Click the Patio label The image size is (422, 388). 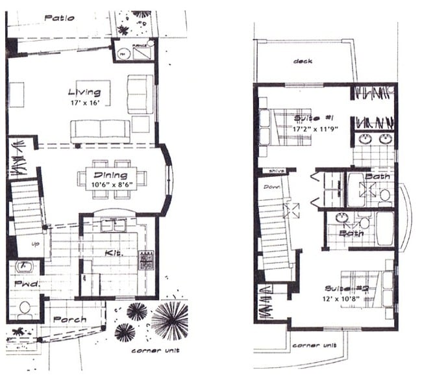tap(58, 18)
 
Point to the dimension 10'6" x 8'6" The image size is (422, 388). tap(110, 185)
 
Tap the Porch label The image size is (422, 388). tap(70, 319)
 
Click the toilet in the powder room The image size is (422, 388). tap(25, 307)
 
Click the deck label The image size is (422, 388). tap(303, 62)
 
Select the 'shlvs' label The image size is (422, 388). tap(271, 171)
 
